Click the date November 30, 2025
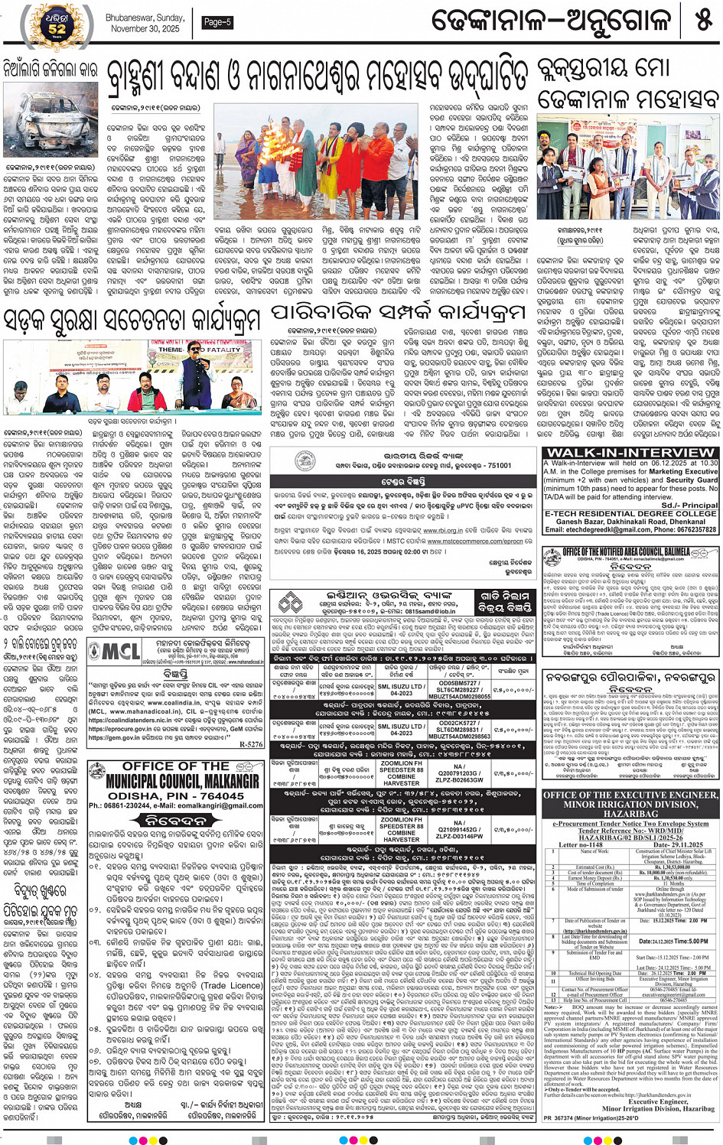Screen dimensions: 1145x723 (x=145, y=29)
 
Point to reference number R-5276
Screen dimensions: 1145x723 (x=250, y=743)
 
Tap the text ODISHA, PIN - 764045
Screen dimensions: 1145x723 (x=175, y=795)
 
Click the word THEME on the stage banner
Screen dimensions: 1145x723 (x=171, y=350)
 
